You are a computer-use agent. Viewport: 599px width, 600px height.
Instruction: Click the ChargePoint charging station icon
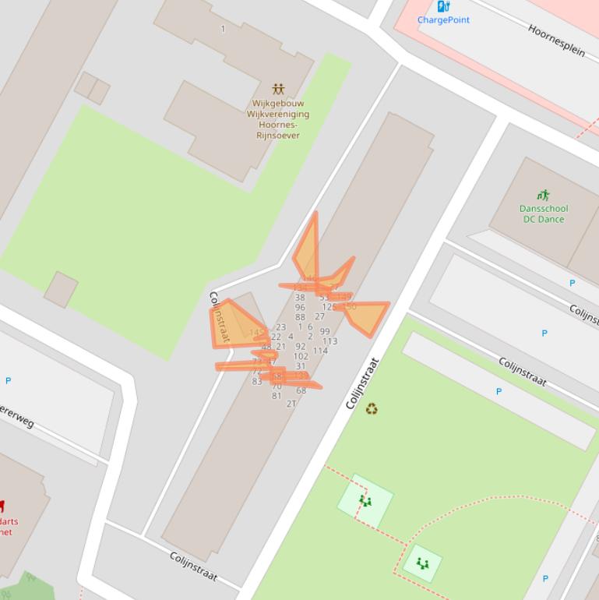pos(443,6)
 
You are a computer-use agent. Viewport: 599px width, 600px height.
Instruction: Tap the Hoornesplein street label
pos(556,40)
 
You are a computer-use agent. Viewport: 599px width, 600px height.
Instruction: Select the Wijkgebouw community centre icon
pos(278,90)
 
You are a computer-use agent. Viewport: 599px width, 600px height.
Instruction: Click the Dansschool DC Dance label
pos(544,214)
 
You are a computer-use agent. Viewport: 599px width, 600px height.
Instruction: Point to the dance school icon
pos(544,196)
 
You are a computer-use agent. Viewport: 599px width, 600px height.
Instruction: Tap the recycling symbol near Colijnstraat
pos(372,408)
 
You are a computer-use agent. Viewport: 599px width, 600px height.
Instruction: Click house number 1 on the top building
pos(223,30)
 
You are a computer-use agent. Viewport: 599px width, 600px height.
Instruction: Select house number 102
pos(301,356)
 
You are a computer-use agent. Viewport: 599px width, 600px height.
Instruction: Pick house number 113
pos(329,341)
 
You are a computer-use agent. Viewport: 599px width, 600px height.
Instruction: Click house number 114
pos(320,351)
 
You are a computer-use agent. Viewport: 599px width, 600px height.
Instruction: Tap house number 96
pos(300,308)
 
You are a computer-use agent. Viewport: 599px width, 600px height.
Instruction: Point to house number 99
pos(325,332)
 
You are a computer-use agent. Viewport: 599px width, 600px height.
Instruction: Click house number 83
pos(257,382)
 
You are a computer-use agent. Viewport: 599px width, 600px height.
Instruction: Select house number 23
pos(280,328)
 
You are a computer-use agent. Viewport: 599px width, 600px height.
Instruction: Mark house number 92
pos(301,347)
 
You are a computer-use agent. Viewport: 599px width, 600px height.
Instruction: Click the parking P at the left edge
pos(9,381)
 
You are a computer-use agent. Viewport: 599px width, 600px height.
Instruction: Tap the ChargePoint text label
pos(443,20)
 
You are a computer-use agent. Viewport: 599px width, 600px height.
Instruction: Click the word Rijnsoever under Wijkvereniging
pos(278,135)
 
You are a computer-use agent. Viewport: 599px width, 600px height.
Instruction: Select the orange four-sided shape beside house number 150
pos(367,316)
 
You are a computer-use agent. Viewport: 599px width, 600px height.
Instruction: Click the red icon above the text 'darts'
pos(2,506)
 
